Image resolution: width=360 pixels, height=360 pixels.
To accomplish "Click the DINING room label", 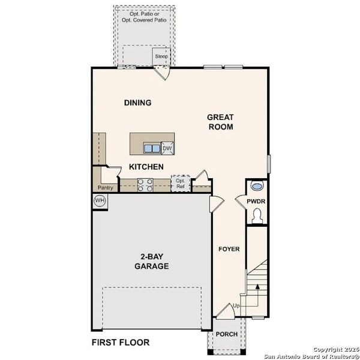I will click(x=137, y=103).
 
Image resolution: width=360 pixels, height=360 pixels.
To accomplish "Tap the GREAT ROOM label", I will click(x=220, y=122).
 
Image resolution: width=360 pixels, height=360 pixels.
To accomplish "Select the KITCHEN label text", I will click(x=146, y=166).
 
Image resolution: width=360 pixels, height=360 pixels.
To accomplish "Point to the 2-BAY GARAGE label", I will click(x=151, y=261).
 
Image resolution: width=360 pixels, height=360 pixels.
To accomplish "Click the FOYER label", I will click(x=229, y=248).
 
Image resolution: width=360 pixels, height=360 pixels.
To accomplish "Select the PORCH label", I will click(x=227, y=334).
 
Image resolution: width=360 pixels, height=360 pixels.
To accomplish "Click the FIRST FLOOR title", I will click(x=121, y=343).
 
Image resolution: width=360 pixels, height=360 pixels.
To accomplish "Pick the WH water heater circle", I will click(x=100, y=200).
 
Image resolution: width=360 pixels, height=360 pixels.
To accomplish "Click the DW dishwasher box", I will click(x=168, y=148).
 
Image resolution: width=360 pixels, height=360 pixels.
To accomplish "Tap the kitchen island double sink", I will click(x=152, y=148).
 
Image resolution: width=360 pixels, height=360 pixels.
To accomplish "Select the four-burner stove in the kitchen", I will click(x=145, y=185).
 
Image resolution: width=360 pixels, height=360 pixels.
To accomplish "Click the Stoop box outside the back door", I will click(x=161, y=56).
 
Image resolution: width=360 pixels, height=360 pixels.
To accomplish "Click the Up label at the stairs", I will click(x=236, y=306).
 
